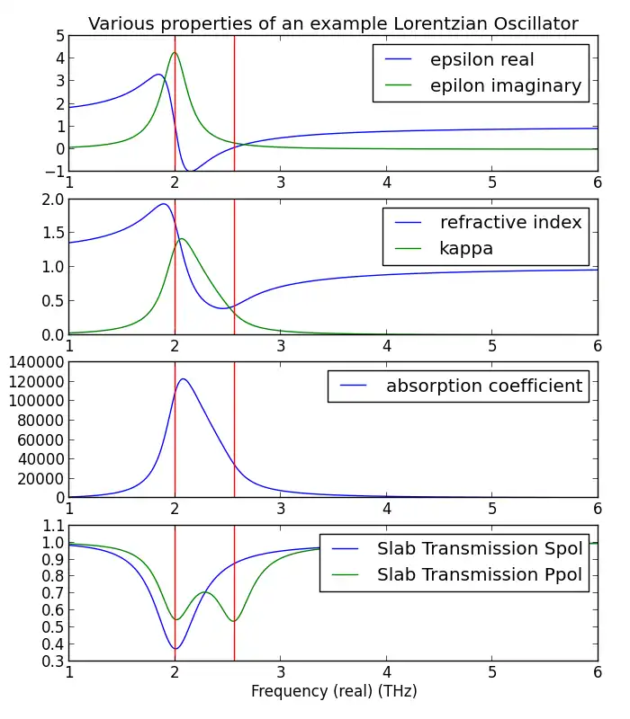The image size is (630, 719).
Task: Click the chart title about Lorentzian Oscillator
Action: [x=333, y=23]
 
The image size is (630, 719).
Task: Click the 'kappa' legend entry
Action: [x=466, y=248]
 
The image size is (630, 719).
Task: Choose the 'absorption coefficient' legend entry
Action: [x=484, y=386]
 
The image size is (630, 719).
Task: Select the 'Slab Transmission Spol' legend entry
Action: [x=480, y=548]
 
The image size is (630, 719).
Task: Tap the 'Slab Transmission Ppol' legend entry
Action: [x=480, y=574]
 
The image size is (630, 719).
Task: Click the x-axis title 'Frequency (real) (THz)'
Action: [x=334, y=692]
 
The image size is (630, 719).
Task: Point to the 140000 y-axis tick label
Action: [x=34, y=361]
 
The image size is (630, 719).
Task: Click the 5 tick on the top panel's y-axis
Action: [x=59, y=36]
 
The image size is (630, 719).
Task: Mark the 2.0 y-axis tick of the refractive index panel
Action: [x=52, y=200]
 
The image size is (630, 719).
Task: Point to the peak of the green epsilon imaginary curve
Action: [x=175, y=52]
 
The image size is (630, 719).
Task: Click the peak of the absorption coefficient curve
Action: [x=184, y=379]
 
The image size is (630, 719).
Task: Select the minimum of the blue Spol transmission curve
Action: [x=175, y=649]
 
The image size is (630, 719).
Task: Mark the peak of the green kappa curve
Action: [x=183, y=239]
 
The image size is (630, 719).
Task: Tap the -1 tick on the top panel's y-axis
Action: [x=56, y=171]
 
